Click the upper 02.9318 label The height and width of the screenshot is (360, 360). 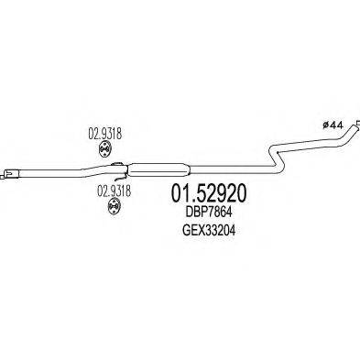[105, 131]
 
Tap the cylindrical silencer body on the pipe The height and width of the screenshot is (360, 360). [157, 168]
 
